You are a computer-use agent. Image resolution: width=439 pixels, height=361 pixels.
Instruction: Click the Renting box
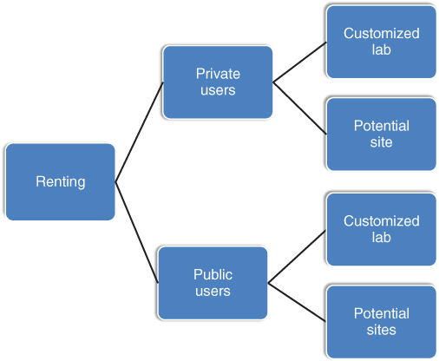click(x=60, y=181)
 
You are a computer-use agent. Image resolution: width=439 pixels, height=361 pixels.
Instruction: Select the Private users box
click(x=218, y=82)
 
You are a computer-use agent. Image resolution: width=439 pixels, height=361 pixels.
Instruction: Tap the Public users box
click(x=213, y=283)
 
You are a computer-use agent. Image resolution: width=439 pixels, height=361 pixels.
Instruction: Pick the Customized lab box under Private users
click(x=381, y=42)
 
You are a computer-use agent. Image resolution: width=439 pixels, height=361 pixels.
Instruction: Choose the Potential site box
click(x=381, y=134)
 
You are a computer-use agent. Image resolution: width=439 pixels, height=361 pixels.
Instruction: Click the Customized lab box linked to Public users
click(x=381, y=229)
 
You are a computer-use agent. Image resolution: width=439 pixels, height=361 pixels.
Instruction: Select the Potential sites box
click(x=381, y=322)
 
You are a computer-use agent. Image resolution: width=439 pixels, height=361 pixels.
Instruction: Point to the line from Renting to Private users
click(x=139, y=132)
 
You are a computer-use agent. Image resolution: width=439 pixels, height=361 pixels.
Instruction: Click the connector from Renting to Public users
click(x=136, y=233)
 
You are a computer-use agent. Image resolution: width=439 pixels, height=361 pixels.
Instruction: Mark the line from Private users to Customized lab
click(x=299, y=62)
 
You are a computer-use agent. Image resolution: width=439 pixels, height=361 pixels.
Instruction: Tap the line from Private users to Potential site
click(x=299, y=108)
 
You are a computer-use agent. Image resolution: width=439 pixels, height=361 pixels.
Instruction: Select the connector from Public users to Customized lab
click(x=297, y=257)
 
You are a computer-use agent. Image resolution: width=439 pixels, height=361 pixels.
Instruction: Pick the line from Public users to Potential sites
click(x=297, y=302)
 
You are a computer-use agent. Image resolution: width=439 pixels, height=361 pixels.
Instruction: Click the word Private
click(x=218, y=74)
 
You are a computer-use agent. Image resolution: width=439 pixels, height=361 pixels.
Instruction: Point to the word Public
click(x=213, y=274)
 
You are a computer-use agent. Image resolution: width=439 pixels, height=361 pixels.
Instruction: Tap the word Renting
click(x=61, y=182)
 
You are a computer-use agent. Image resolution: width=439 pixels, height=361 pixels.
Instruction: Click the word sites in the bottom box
click(x=381, y=330)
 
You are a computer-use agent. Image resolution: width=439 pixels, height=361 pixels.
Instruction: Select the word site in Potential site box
click(x=381, y=142)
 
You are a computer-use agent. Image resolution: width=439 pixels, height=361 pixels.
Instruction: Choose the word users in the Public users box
click(x=213, y=292)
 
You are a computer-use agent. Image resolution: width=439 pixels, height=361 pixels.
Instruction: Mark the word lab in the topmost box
click(x=381, y=49)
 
